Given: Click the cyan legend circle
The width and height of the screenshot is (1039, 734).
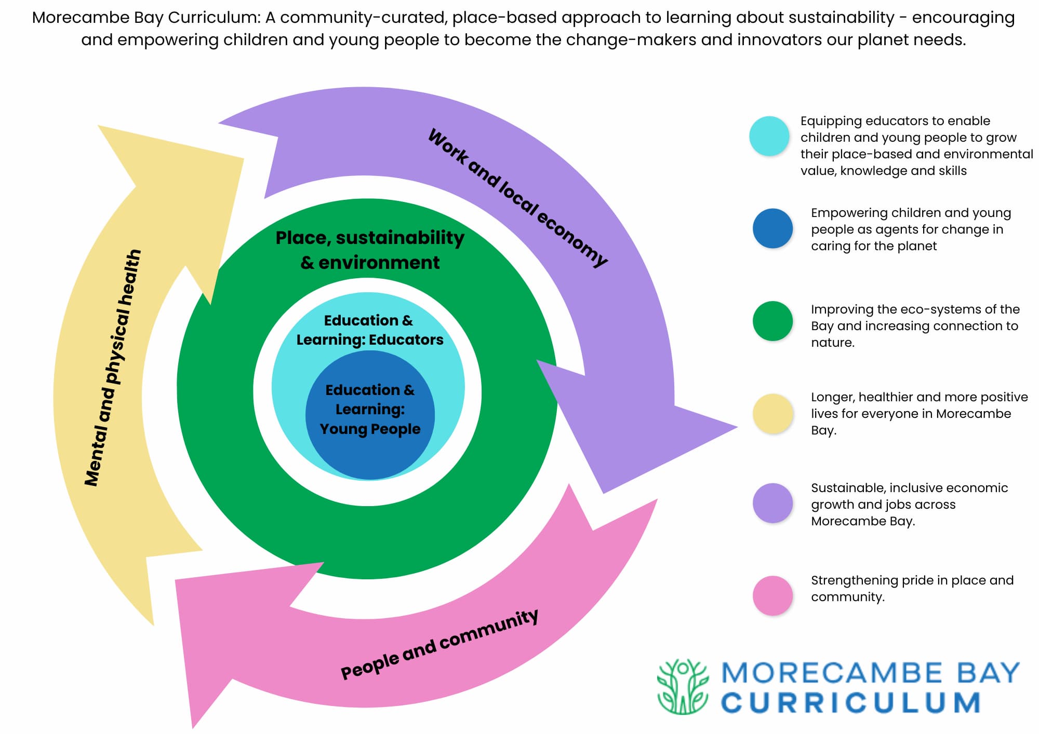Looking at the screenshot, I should click(769, 136).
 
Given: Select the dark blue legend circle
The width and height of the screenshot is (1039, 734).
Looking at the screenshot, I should click(772, 228).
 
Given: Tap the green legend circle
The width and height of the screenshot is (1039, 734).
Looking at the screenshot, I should click(772, 321).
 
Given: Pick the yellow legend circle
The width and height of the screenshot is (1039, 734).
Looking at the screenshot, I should click(772, 414).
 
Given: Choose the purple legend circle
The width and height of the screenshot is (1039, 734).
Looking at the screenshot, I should click(772, 503).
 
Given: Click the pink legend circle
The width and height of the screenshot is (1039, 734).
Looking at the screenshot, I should click(772, 595).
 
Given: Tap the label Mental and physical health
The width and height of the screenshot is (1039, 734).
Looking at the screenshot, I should click(113, 368).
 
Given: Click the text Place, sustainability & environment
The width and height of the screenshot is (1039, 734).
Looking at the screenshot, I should click(370, 250).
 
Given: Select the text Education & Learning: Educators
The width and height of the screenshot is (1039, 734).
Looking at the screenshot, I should click(369, 330).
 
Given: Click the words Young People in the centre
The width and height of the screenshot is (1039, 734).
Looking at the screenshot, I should click(370, 429).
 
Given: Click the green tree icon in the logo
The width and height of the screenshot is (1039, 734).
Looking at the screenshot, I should click(683, 686).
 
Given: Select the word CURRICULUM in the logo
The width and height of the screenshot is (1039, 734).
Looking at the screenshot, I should click(850, 703).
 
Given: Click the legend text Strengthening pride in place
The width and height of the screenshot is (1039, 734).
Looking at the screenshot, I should click(912, 580).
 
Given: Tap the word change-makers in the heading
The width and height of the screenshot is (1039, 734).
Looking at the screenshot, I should click(630, 39).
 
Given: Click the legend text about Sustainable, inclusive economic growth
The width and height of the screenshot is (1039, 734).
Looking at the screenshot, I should click(909, 504).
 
